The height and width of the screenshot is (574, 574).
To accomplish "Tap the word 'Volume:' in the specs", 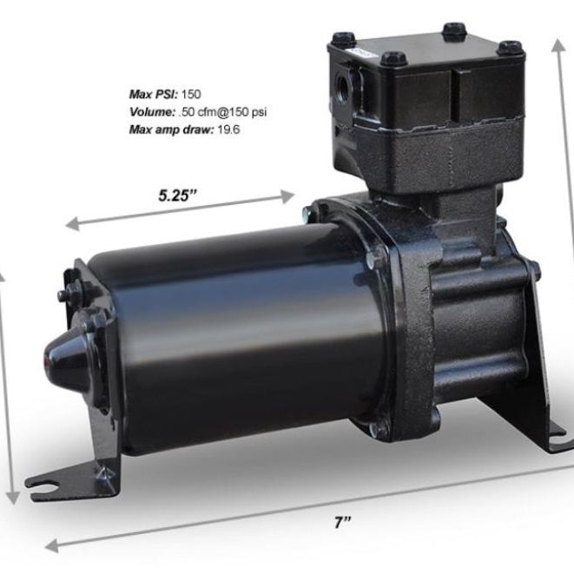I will [149, 110].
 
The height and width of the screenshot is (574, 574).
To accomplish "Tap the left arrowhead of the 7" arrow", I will [50, 547].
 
